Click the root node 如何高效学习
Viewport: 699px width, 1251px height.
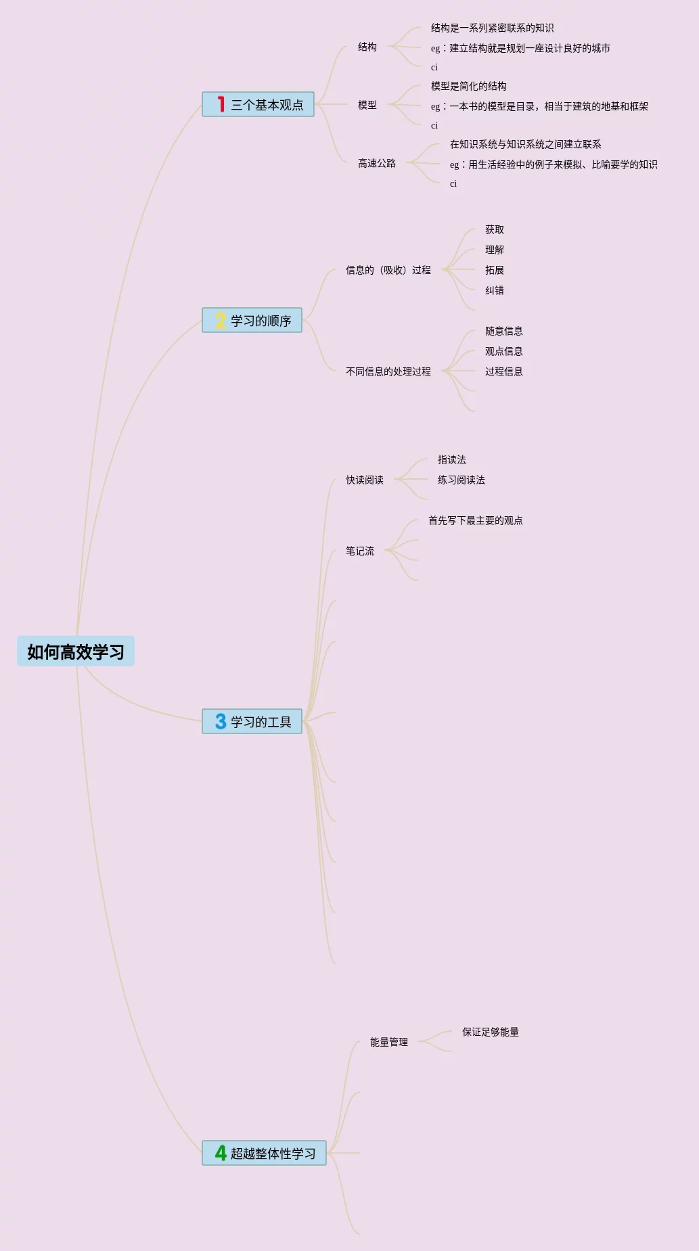point(76,652)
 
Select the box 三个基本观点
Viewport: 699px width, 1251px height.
point(258,105)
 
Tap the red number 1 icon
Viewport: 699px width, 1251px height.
point(221,104)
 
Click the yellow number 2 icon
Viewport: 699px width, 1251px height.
point(221,320)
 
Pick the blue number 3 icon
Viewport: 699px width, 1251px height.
point(221,721)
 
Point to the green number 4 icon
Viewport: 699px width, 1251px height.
point(221,1152)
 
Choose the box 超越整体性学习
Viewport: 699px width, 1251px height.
point(265,1153)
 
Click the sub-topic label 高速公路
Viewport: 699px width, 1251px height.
point(376,163)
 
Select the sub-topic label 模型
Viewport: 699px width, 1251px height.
point(367,105)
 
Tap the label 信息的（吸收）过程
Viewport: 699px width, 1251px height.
point(388,270)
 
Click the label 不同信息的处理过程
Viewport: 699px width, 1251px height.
point(388,371)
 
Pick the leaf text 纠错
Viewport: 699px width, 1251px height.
point(494,290)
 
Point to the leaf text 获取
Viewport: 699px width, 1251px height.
point(494,229)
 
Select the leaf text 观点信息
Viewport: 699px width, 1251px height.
point(503,351)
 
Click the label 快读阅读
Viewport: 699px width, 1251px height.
point(364,480)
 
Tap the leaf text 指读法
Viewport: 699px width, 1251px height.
point(451,459)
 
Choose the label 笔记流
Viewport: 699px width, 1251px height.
point(359,551)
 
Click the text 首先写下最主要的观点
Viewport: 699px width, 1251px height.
point(475,520)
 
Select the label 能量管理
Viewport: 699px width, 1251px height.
point(388,1042)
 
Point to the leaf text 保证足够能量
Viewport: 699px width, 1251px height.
point(490,1032)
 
